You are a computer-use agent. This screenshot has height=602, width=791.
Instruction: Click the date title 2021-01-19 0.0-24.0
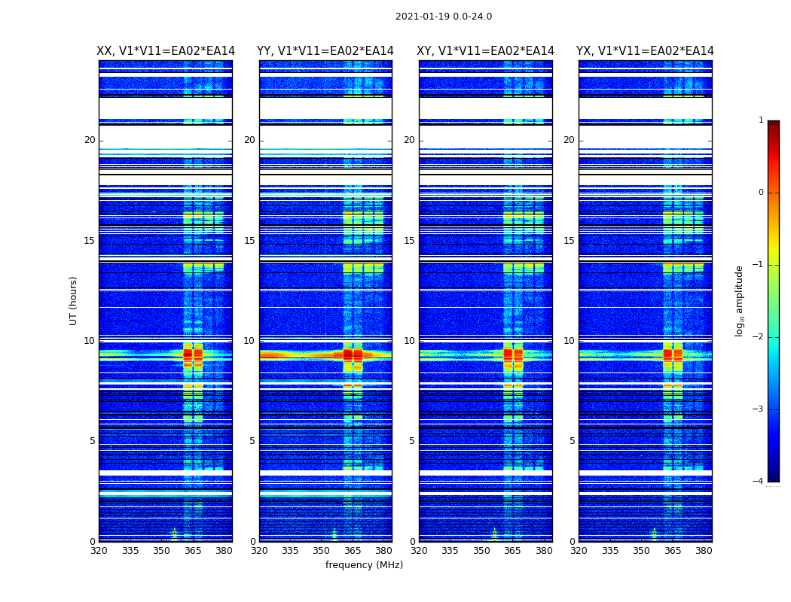click(x=444, y=17)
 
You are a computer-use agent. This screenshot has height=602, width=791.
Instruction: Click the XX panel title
click(x=166, y=51)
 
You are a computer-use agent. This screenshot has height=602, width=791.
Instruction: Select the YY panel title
click(x=325, y=51)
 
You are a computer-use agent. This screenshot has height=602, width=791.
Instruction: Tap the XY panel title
click(x=486, y=51)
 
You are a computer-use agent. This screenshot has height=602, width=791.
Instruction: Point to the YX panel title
click(x=645, y=51)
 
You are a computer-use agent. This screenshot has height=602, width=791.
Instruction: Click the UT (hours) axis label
click(x=74, y=300)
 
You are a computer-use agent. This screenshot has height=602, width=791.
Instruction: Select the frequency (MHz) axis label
click(x=364, y=565)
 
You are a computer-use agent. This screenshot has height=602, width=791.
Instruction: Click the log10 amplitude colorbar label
click(x=740, y=300)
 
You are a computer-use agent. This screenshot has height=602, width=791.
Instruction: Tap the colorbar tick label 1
click(x=761, y=120)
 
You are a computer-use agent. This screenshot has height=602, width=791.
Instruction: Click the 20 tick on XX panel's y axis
click(x=90, y=140)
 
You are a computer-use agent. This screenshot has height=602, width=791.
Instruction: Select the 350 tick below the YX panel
click(x=641, y=551)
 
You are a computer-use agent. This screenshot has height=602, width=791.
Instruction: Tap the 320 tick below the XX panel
click(x=99, y=551)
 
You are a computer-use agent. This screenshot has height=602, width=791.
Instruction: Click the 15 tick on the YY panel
click(x=249, y=241)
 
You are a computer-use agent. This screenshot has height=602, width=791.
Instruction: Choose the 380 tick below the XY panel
click(x=544, y=551)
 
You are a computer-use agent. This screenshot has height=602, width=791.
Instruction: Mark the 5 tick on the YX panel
click(x=572, y=441)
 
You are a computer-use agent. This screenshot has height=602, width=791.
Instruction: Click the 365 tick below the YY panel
click(x=353, y=551)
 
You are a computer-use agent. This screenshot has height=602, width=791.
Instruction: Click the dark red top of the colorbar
click(x=773, y=124)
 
